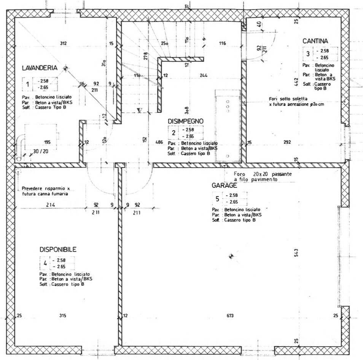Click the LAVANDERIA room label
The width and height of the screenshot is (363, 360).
pyautogui.click(x=40, y=68)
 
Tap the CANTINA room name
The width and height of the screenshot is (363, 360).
pyautogui.click(x=315, y=41)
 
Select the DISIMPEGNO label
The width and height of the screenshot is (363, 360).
pyautogui.click(x=186, y=121)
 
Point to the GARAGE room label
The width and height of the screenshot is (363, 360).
pyautogui.click(x=224, y=186)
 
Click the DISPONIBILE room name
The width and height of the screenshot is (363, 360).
pyautogui.click(x=58, y=250)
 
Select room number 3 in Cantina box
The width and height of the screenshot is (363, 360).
pyautogui.click(x=308, y=54)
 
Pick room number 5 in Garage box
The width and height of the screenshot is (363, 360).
pyautogui.click(x=217, y=198)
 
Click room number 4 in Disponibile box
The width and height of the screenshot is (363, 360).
pyautogui.click(x=45, y=263)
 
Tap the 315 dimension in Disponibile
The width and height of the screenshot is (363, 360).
pyautogui.click(x=63, y=315)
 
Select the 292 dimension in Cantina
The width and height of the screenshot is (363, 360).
pyautogui.click(x=287, y=142)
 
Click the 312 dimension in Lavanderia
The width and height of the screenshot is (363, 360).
pyautogui.click(x=63, y=43)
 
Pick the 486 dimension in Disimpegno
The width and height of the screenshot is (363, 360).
pyautogui.click(x=159, y=142)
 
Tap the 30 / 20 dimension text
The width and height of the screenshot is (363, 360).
pyautogui.click(x=41, y=151)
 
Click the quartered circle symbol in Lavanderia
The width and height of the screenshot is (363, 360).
pyautogui.click(x=66, y=68)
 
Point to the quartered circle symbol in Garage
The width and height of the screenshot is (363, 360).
pyautogui.click(x=230, y=256)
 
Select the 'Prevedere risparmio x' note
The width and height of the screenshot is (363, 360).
pyautogui.click(x=46, y=188)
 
